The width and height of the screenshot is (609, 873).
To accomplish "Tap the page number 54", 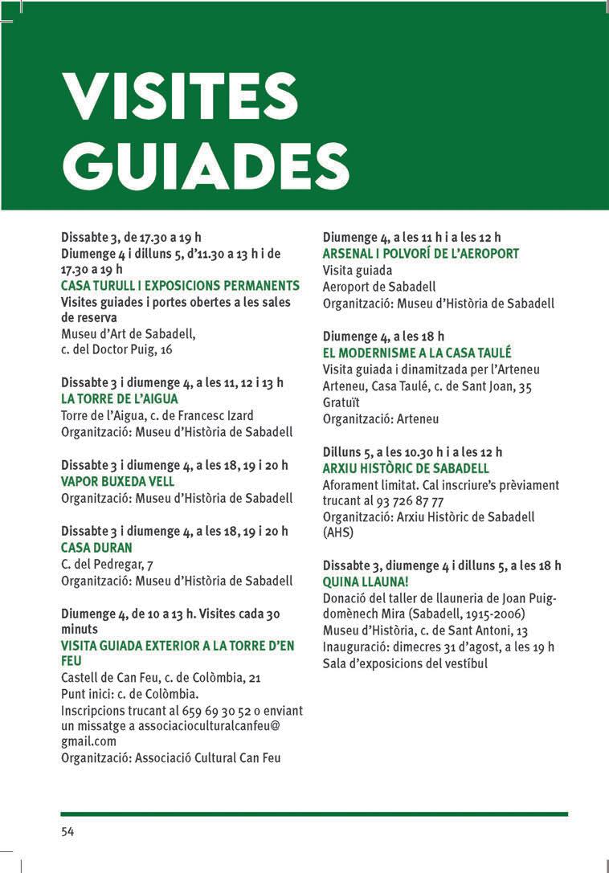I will tap(68, 831).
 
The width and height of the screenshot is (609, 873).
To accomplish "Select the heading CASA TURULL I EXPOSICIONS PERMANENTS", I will tap(180, 286).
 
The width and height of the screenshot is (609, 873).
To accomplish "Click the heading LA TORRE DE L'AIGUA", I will tap(120, 399).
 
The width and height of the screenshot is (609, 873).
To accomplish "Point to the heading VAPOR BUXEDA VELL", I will tap(117, 482).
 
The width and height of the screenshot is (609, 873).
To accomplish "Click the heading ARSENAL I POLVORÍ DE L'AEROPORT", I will tap(421, 254).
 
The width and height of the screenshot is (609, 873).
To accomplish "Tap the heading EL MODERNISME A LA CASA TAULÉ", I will tap(417, 353).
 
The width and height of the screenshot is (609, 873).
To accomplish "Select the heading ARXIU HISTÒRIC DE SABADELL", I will tap(406, 468).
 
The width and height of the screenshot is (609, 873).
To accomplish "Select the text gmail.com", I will tap(89, 741).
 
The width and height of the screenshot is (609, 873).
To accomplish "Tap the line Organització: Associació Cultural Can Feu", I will tap(171, 757).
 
